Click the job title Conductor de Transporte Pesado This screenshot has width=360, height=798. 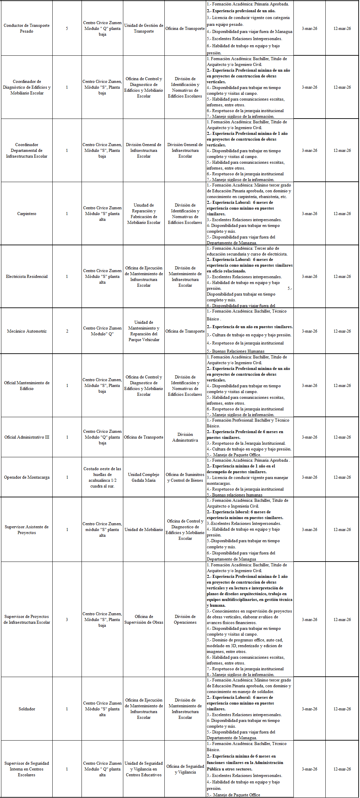coord(26,28)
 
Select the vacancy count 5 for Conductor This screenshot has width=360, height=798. coord(67,29)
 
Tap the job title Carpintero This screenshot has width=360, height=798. coord(26,214)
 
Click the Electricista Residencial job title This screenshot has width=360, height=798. coord(26,277)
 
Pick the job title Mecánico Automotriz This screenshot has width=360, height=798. coord(26,331)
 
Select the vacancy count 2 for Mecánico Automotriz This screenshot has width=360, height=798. coord(67,331)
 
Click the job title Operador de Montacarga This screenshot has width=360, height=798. coord(26,477)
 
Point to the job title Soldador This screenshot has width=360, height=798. coord(26,709)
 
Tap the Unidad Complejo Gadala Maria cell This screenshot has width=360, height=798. coord(144,477)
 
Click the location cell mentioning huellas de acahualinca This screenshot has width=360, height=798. coord(102,477)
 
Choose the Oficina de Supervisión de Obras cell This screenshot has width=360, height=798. coord(144,619)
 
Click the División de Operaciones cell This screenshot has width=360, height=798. coord(185,619)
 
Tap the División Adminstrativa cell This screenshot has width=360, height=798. coord(185,437)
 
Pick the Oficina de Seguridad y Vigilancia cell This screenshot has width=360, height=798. coord(185,769)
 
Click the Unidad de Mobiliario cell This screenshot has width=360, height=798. coord(144,530)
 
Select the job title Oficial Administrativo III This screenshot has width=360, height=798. coord(26,437)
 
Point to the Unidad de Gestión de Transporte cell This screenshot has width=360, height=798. coord(144,28)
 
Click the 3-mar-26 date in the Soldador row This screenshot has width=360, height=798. coord(309,709)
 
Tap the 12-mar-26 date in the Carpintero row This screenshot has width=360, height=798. coord(342,214)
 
